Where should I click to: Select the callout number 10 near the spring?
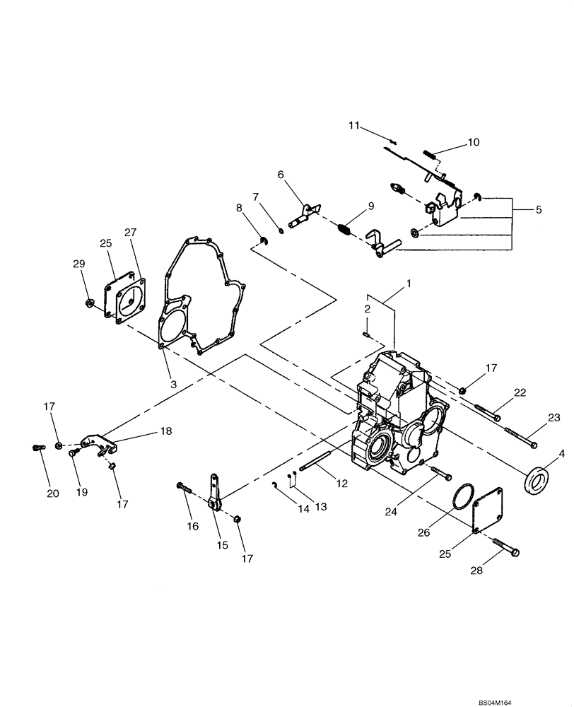473,142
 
